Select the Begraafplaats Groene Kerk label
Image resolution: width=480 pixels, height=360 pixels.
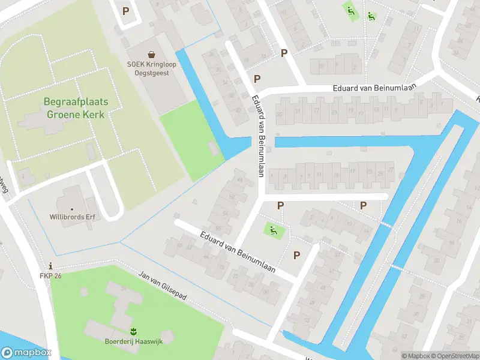tap(76, 108)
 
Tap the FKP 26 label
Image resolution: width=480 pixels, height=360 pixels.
tap(51, 276)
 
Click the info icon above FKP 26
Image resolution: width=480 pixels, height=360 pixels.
tap(51, 266)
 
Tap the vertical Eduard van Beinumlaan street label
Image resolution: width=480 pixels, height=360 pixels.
tap(259, 137)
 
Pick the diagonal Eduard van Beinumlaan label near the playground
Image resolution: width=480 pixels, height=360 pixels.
tap(238, 252)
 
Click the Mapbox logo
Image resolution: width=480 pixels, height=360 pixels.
tap(26, 353)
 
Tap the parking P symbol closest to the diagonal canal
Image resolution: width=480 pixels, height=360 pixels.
tap(363, 206)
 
